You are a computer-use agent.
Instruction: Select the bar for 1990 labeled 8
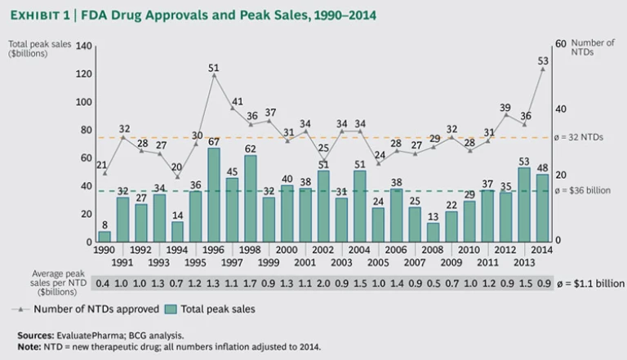tap(104, 237)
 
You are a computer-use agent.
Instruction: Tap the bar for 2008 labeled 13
tap(434, 233)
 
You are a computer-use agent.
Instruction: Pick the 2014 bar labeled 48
tap(542, 208)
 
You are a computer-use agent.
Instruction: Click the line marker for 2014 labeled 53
tap(542, 69)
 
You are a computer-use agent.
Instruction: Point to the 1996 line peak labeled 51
tap(214, 75)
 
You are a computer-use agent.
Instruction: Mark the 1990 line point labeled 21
tap(104, 173)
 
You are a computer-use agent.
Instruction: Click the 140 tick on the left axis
tap(83, 47)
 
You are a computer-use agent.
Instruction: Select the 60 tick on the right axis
tap(560, 44)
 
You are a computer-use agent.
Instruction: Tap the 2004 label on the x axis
tap(360, 251)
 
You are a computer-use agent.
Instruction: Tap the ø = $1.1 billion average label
tap(589, 283)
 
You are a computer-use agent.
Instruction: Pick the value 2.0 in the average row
tap(323, 283)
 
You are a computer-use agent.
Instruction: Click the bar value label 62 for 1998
tap(251, 149)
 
